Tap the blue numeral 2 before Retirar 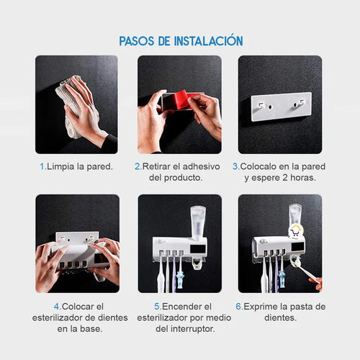pos(137,166)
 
